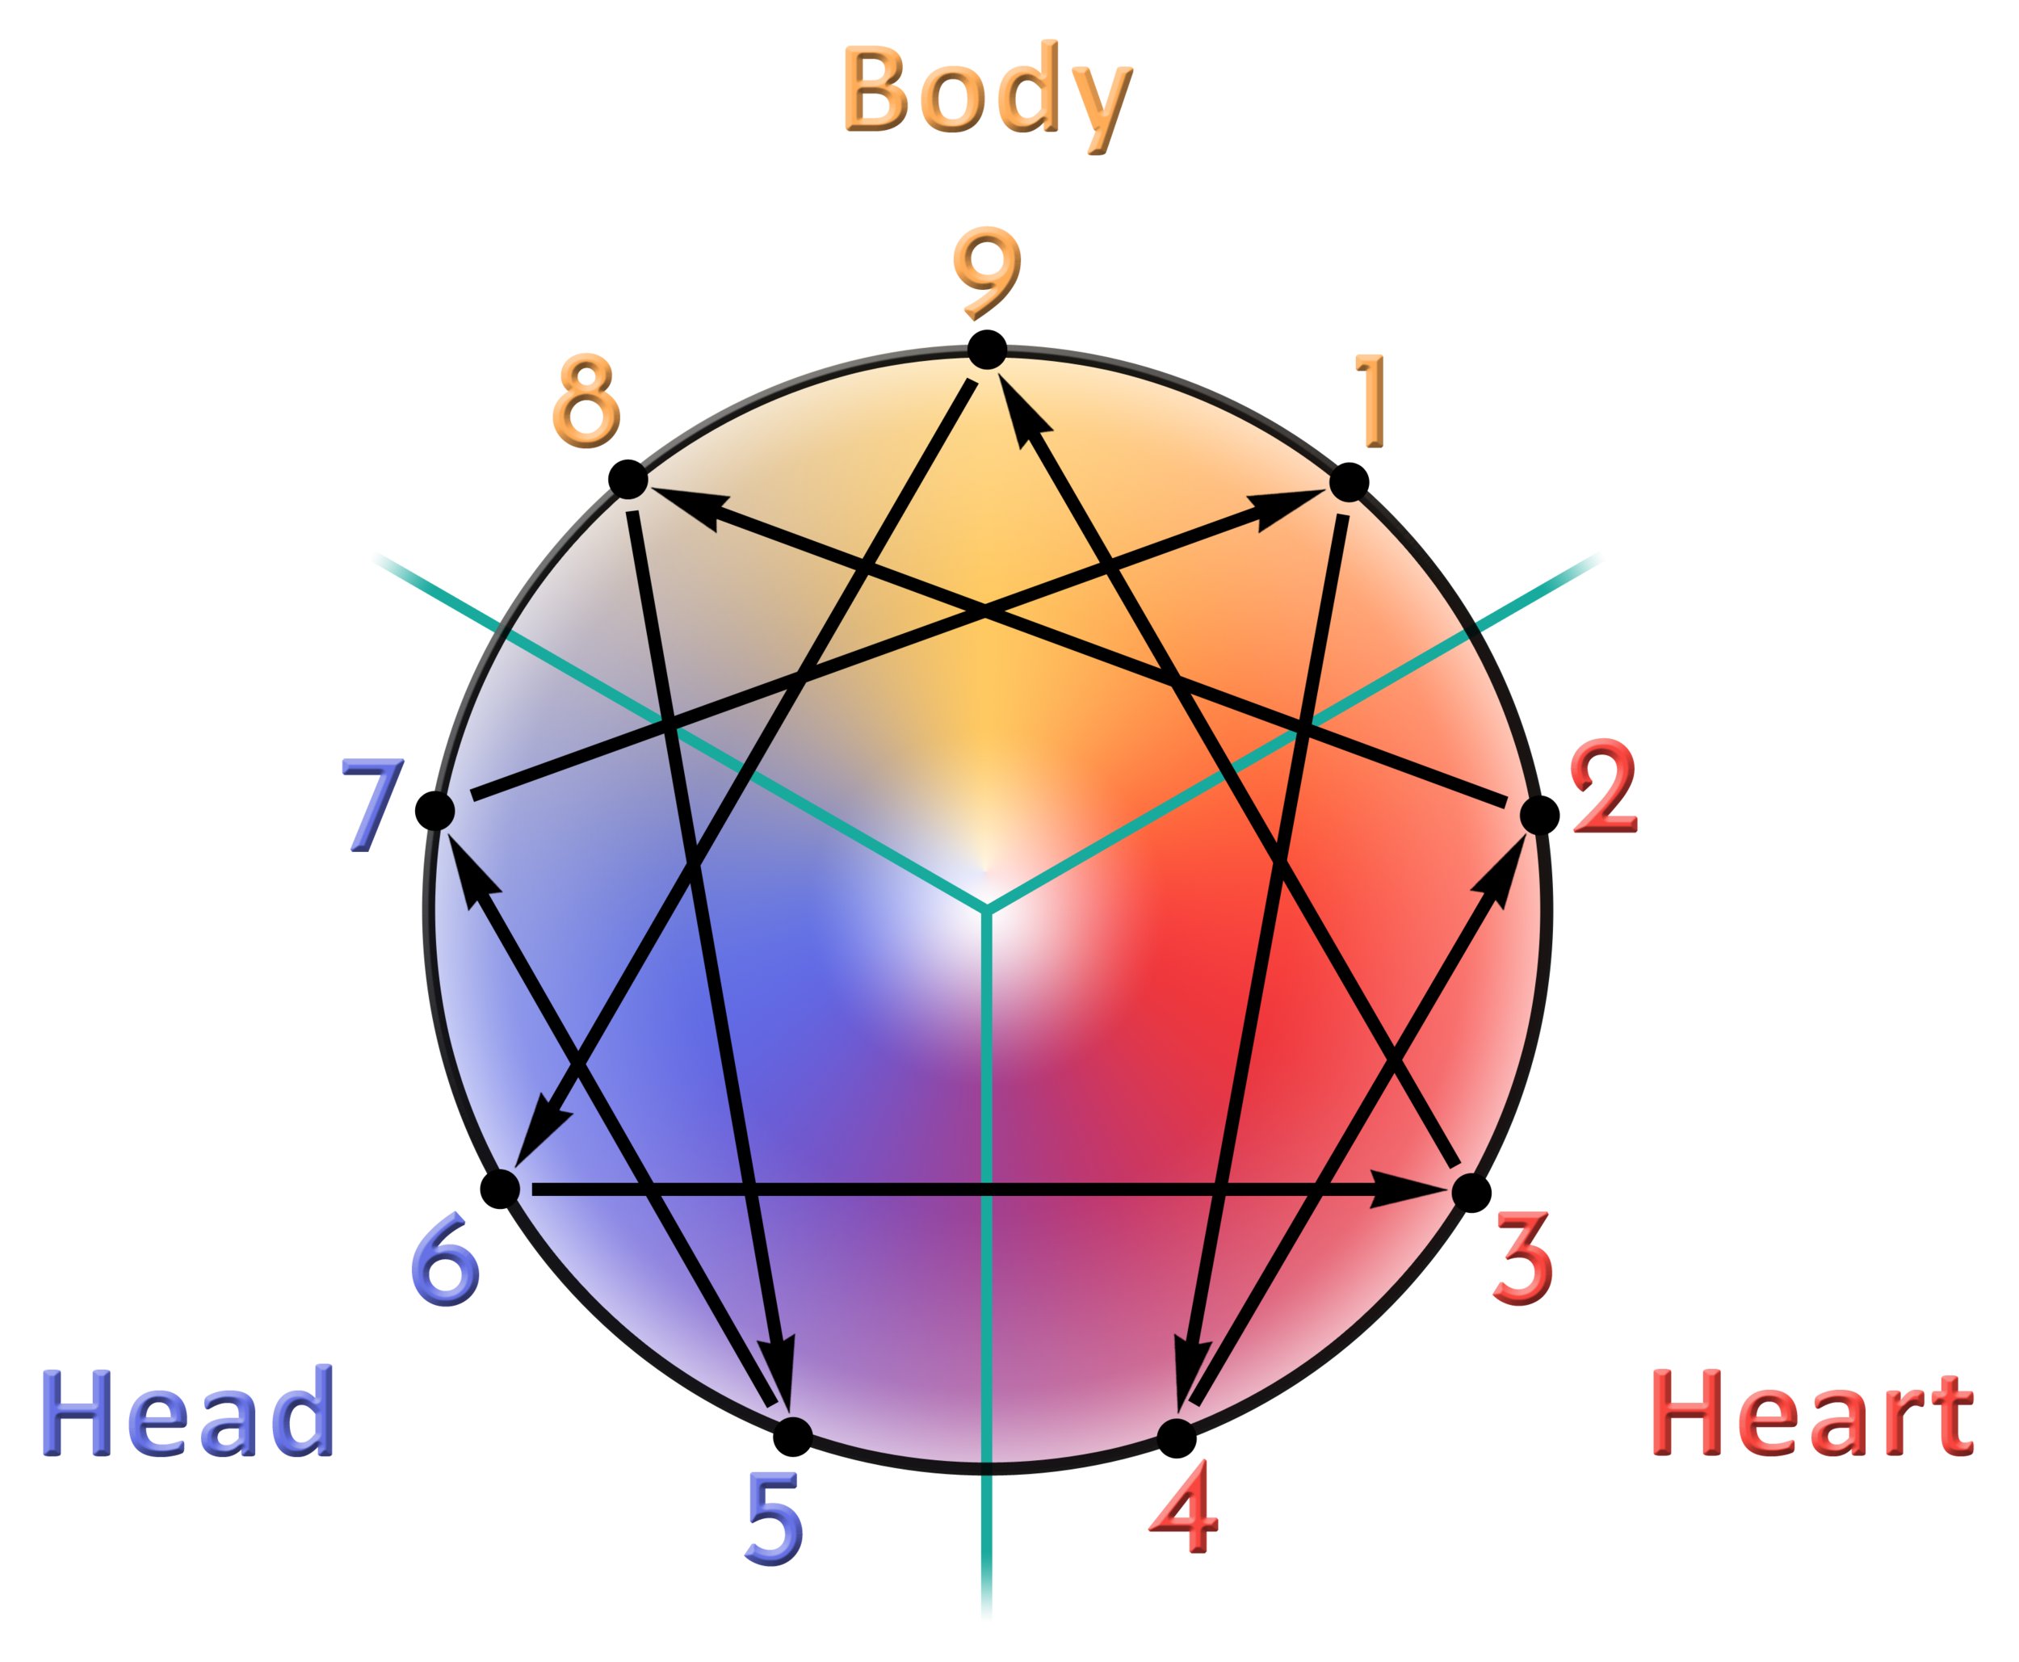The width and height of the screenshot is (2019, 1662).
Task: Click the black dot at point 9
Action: (x=987, y=350)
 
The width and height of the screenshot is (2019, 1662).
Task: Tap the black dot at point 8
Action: (x=628, y=479)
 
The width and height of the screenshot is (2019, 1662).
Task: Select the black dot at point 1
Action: (x=1349, y=481)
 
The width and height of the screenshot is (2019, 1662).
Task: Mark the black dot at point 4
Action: (x=1176, y=1435)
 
